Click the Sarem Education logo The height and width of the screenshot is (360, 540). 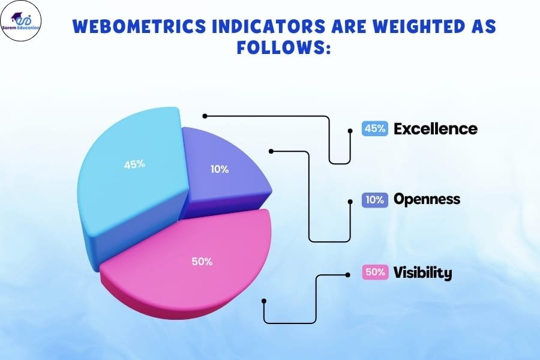tap(20, 20)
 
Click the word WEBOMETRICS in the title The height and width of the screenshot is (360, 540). tap(139, 26)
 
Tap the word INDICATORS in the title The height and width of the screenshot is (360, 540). tap(268, 26)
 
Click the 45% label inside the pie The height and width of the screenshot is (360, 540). tap(134, 164)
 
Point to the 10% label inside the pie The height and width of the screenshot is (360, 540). tap(220, 169)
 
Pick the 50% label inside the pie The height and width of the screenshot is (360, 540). tap(202, 262)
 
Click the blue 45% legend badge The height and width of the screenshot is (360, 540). tap(374, 128)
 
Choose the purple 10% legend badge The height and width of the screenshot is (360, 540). tap(374, 200)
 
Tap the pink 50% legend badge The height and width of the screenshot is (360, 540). tap(374, 272)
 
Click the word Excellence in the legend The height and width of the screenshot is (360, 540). tap(436, 129)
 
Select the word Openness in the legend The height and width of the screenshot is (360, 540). tap(427, 199)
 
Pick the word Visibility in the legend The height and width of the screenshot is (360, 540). tap(423, 272)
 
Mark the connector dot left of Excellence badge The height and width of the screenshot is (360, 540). tap(350, 131)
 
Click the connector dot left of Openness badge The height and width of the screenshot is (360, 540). tap(350, 201)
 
